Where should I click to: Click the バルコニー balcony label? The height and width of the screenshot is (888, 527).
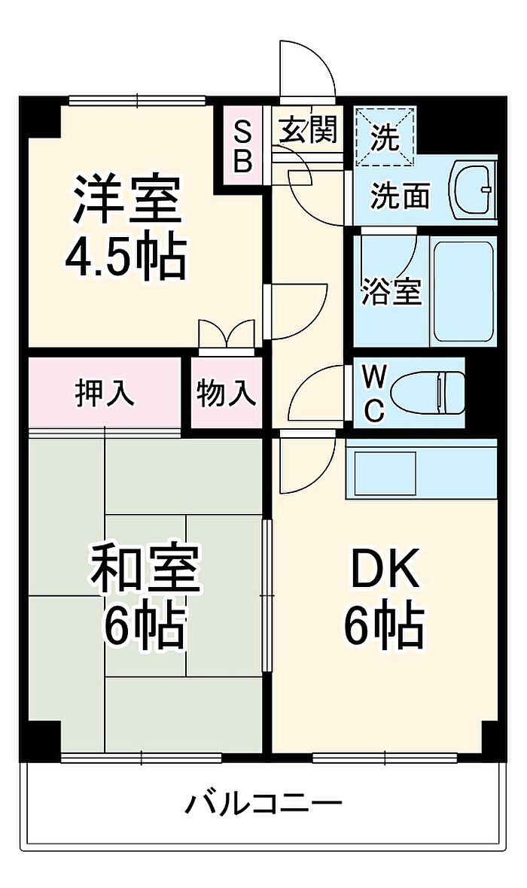point(263,804)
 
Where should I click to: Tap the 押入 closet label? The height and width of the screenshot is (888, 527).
point(105,392)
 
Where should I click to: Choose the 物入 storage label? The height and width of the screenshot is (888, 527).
point(227,392)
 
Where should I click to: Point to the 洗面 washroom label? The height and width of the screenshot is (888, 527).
point(400,196)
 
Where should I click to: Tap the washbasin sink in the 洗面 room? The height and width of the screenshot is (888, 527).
point(474,189)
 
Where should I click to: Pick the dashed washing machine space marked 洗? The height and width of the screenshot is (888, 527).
point(385,135)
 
